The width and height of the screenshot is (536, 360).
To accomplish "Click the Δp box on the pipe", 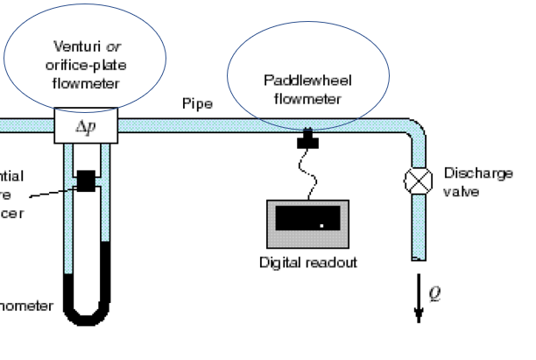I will [x=86, y=127].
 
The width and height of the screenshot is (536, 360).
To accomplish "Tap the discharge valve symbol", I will [x=413, y=180].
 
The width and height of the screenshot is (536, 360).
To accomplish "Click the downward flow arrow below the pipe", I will [x=418, y=302].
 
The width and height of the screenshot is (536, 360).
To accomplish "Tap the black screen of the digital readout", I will [x=307, y=220].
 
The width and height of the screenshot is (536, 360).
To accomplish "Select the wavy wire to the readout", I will [x=306, y=172].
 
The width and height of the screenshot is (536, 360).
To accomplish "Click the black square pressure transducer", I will [x=86, y=180].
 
